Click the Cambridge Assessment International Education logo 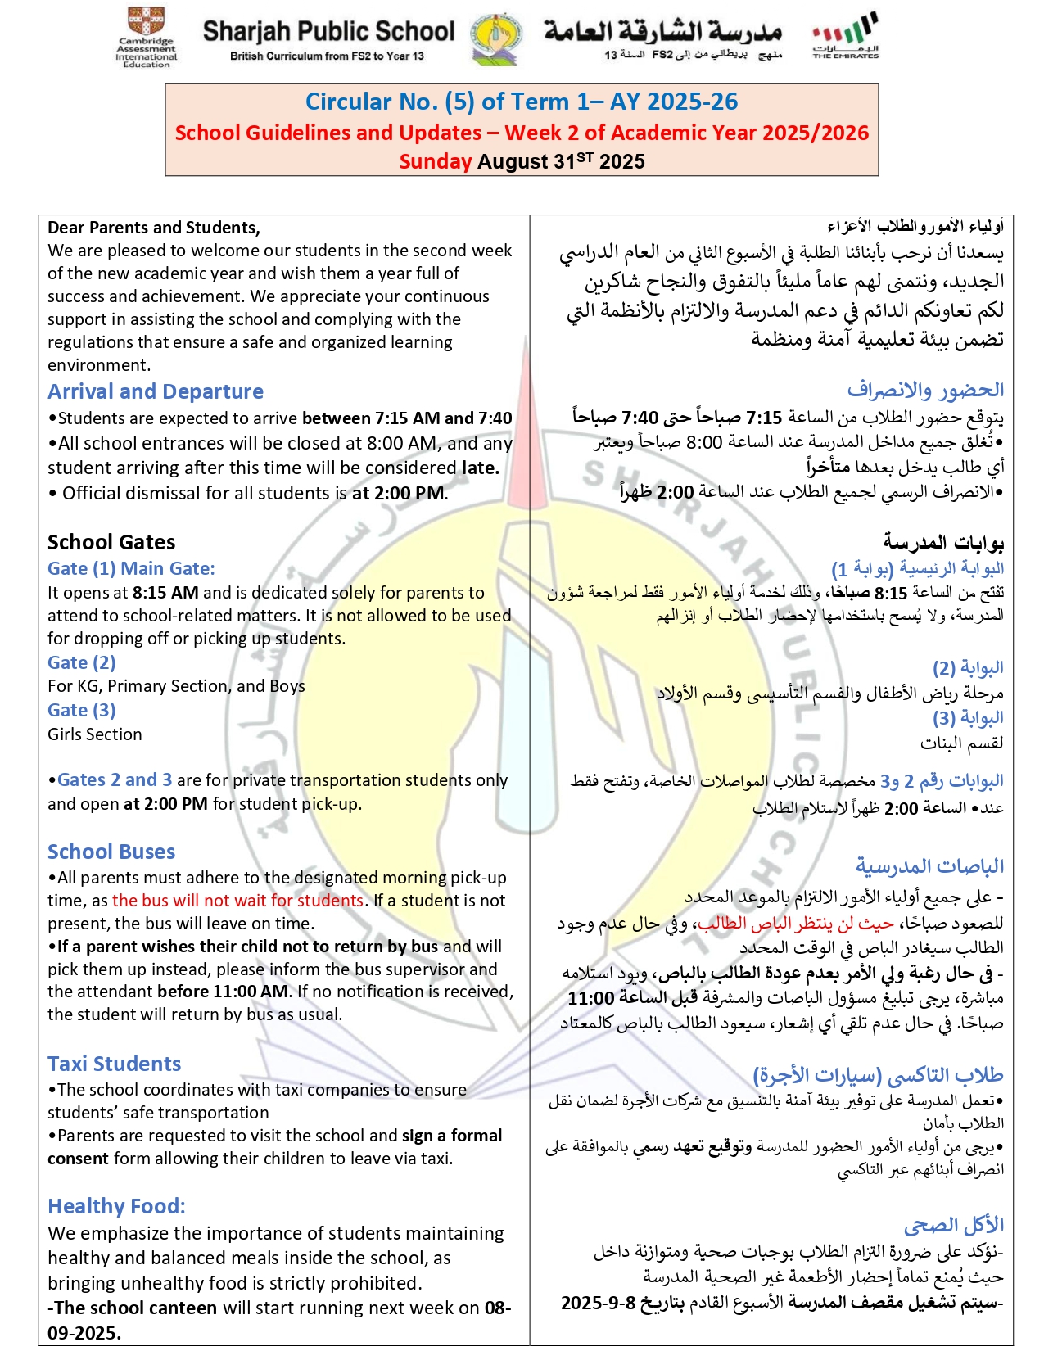pos(146,37)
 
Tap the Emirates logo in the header pos(845,35)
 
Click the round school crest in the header pos(496,38)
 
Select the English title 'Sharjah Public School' pos(328,31)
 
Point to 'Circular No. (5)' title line pos(522,102)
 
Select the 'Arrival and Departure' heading pos(156,391)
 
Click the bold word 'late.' pos(480,468)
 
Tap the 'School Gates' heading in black pos(111,542)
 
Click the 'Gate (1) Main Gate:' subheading pos(131,568)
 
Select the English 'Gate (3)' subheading pos(81,710)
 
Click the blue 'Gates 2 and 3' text pos(115,779)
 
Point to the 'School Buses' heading pos(111,852)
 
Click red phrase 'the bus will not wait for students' pos(237,900)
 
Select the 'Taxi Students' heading pos(114,1064)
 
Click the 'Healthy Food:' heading pos(116,1206)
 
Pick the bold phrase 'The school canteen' pos(136,1308)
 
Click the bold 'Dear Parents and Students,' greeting pos(154,228)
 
